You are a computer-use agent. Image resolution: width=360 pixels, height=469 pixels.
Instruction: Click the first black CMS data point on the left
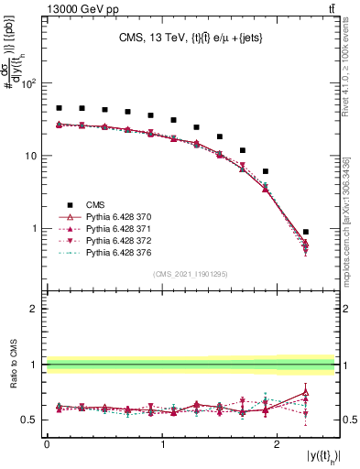point(59,108)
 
